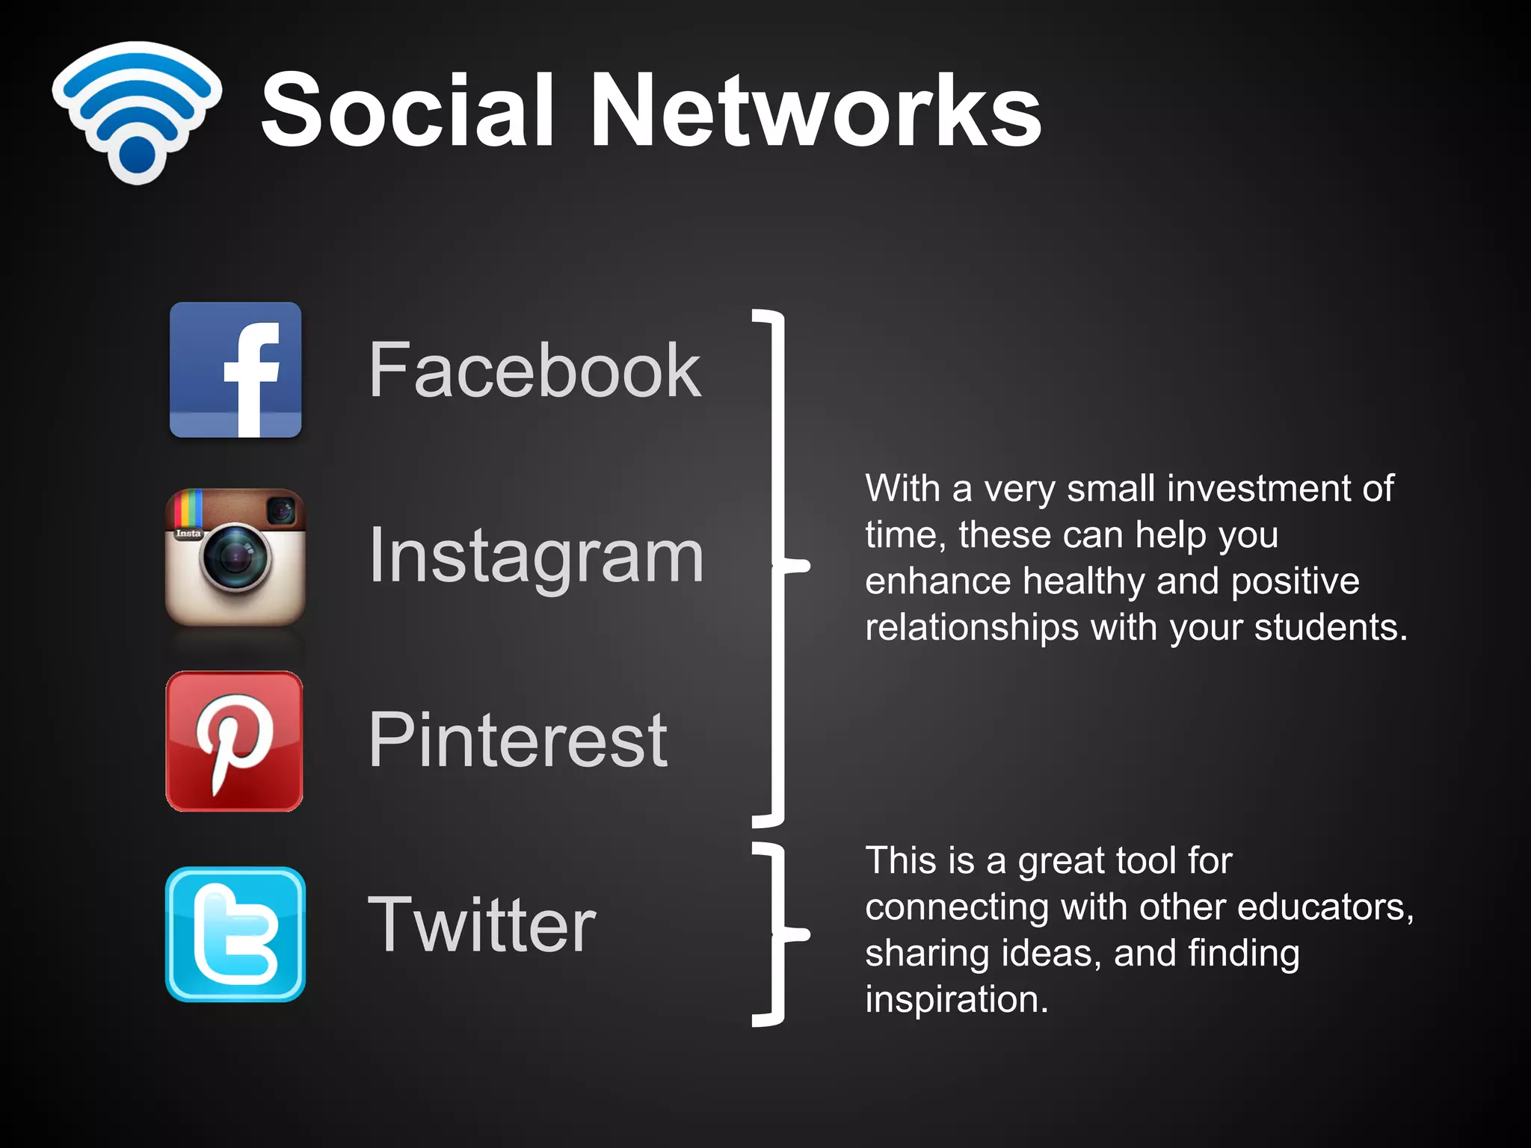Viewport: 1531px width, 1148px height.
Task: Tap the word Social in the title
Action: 408,110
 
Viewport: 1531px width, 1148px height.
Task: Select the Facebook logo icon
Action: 235,370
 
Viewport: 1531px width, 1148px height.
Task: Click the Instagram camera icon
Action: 235,558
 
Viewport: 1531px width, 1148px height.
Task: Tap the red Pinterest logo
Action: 235,741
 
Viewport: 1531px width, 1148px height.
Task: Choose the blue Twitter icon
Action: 235,934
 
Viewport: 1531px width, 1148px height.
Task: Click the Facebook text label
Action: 535,370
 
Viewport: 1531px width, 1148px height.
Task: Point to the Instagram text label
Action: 537,557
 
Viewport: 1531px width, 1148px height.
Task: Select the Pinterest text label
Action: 518,740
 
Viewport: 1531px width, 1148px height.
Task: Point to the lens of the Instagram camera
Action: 235,557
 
